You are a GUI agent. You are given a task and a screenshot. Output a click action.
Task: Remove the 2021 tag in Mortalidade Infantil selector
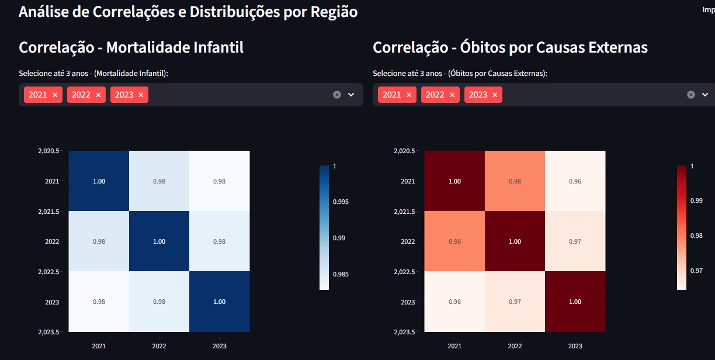pyautogui.click(x=55, y=95)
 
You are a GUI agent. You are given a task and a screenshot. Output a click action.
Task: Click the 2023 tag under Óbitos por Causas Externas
pyautogui.click(x=478, y=95)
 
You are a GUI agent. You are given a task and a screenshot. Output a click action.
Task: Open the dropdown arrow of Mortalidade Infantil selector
pyautogui.click(x=351, y=95)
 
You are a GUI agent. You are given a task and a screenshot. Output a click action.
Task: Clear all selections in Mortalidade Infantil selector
pyautogui.click(x=337, y=95)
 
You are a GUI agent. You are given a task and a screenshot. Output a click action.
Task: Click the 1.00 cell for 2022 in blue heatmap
pyautogui.click(x=159, y=241)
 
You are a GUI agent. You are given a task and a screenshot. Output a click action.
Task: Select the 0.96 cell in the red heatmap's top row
pyautogui.click(x=575, y=181)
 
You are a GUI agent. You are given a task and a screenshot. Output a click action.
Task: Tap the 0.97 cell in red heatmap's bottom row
pyautogui.click(x=515, y=302)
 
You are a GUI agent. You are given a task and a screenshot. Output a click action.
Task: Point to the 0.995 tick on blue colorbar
pyautogui.click(x=340, y=202)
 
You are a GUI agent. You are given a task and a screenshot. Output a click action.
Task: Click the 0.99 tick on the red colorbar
pyautogui.click(x=696, y=200)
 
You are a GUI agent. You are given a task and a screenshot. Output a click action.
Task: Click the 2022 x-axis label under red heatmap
pyautogui.click(x=515, y=346)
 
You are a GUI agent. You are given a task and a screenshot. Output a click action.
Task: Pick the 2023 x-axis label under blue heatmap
pyautogui.click(x=219, y=346)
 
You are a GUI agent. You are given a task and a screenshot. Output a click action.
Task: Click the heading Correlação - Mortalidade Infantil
pyautogui.click(x=131, y=47)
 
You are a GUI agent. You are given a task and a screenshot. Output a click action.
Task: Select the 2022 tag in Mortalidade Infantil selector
pyautogui.click(x=81, y=95)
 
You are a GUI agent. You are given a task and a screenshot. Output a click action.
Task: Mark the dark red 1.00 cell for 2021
pyautogui.click(x=454, y=181)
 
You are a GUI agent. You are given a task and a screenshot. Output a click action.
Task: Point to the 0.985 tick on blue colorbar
pyautogui.click(x=340, y=274)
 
